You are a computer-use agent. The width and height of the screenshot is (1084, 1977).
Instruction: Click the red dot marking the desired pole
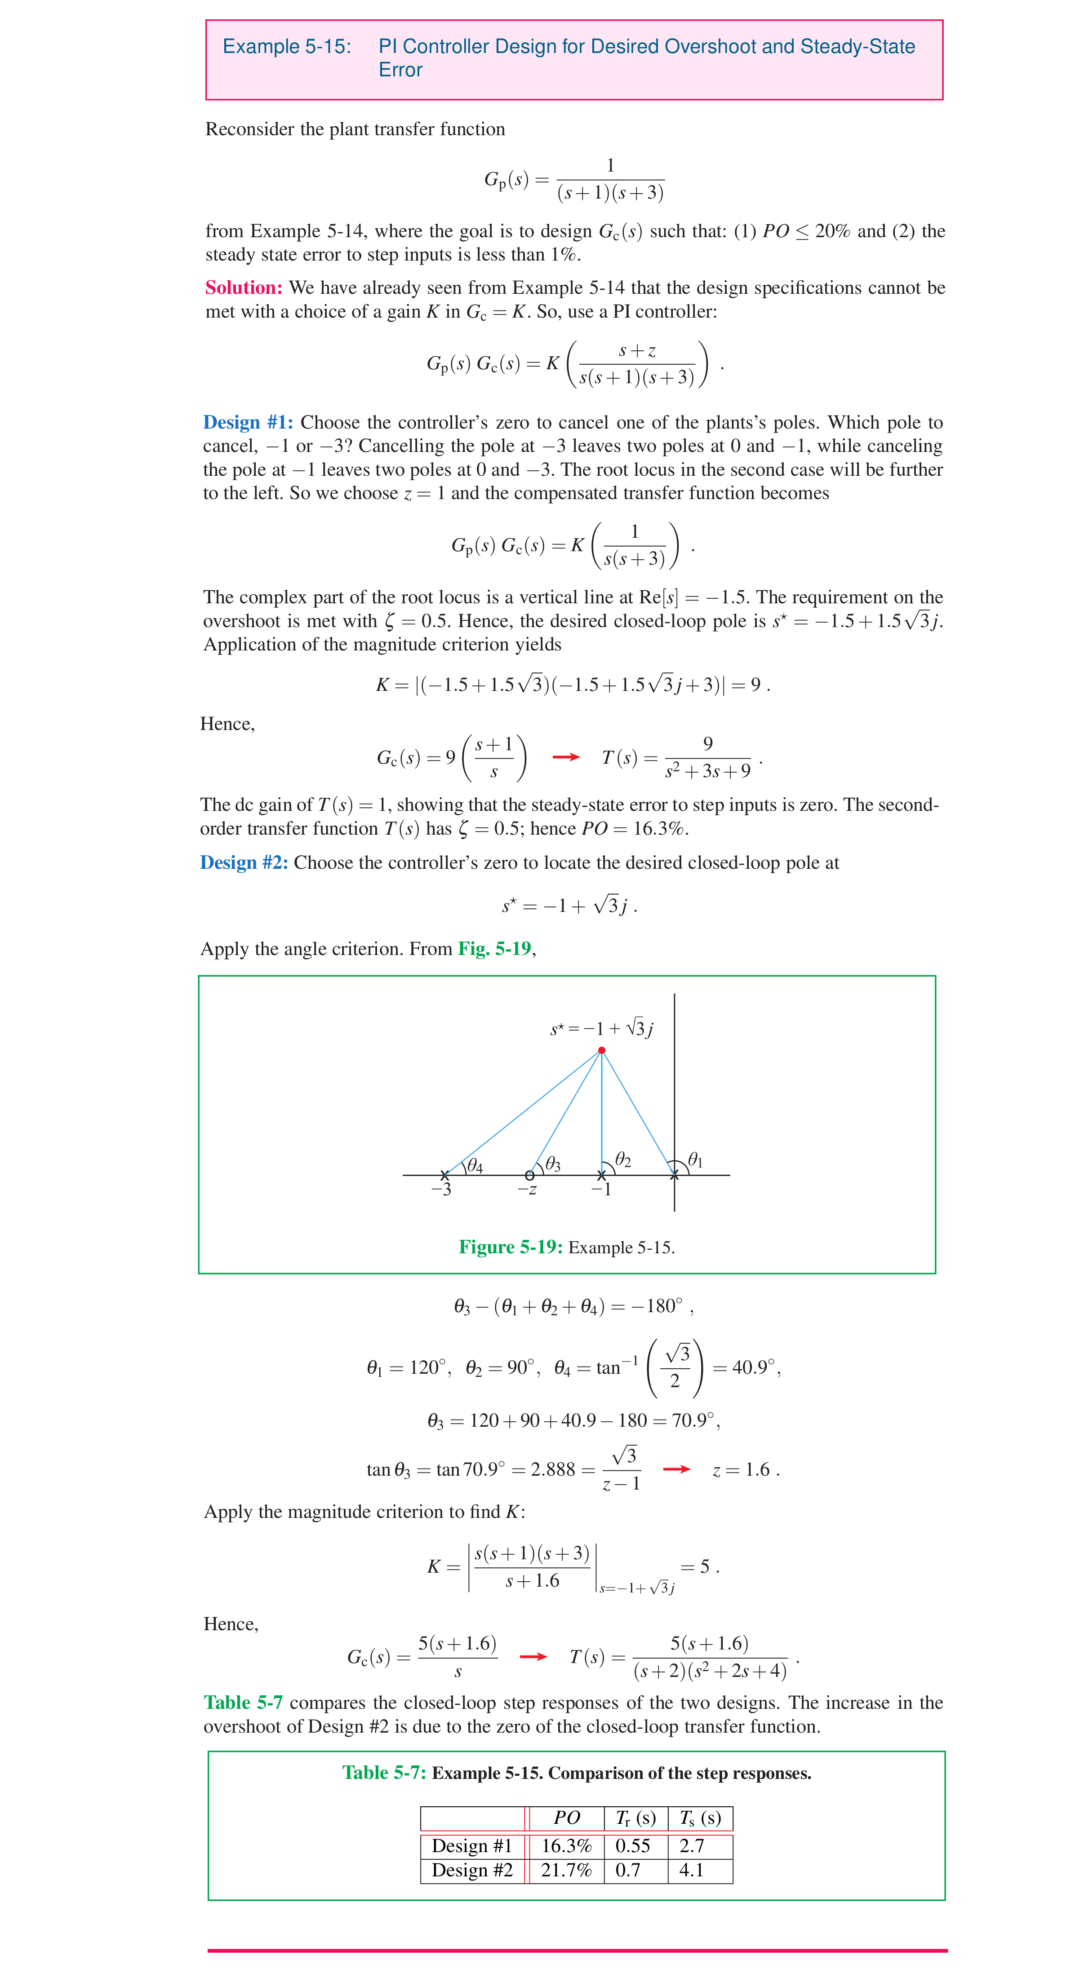coord(601,1050)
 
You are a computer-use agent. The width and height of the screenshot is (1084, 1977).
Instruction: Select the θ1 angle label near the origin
coord(695,1159)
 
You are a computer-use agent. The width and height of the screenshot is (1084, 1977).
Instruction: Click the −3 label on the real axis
coord(441,1190)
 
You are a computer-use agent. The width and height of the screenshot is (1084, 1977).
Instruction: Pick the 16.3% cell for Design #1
coord(567,1846)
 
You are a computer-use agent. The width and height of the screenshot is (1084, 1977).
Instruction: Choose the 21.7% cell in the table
coord(567,1871)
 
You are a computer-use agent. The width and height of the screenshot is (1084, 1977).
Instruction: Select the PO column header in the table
coord(567,1818)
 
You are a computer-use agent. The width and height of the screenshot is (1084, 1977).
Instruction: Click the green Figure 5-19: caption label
coord(511,1247)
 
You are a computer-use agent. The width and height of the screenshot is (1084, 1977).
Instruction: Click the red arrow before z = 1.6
coord(676,1469)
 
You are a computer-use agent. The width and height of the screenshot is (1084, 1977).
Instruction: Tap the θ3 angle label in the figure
coord(553,1165)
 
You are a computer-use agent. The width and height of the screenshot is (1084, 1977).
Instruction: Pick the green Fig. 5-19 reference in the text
coord(494,949)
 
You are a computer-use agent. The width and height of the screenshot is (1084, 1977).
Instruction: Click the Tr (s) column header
coord(635,1818)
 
